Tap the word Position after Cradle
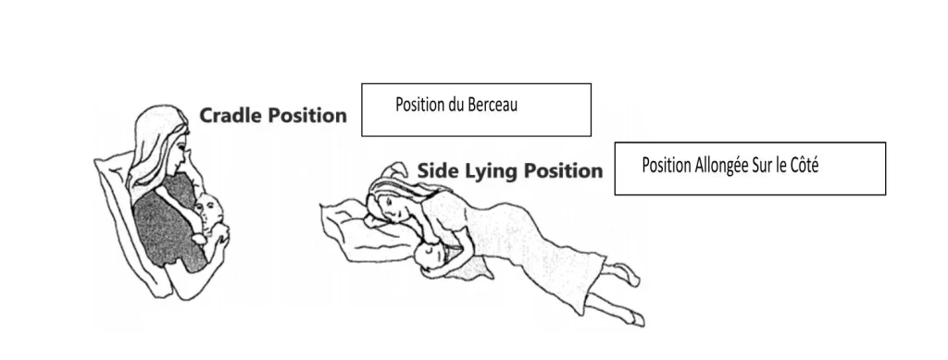(307, 115)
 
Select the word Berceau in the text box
(493, 105)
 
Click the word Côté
(803, 165)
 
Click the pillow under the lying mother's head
(362, 233)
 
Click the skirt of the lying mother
(544, 254)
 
